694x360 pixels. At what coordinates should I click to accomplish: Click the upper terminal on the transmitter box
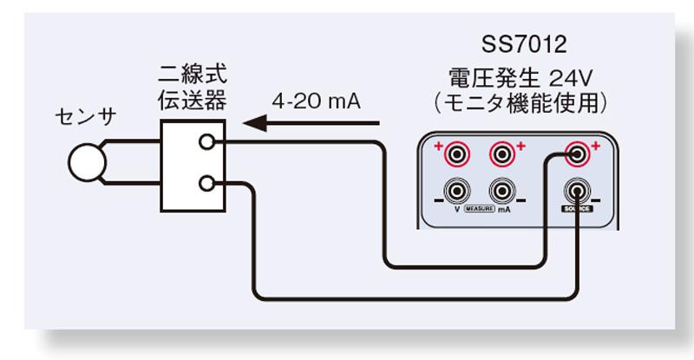point(206,142)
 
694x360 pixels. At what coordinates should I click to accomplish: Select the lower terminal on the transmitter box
point(206,183)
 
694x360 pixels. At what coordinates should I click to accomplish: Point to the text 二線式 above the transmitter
point(192,73)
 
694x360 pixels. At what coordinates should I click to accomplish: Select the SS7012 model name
point(518,43)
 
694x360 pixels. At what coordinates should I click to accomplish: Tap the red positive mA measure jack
point(501,154)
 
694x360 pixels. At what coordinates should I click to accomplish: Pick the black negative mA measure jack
point(501,190)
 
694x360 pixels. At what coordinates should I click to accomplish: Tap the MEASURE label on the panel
point(479,210)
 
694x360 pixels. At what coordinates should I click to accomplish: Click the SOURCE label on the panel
point(576,211)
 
